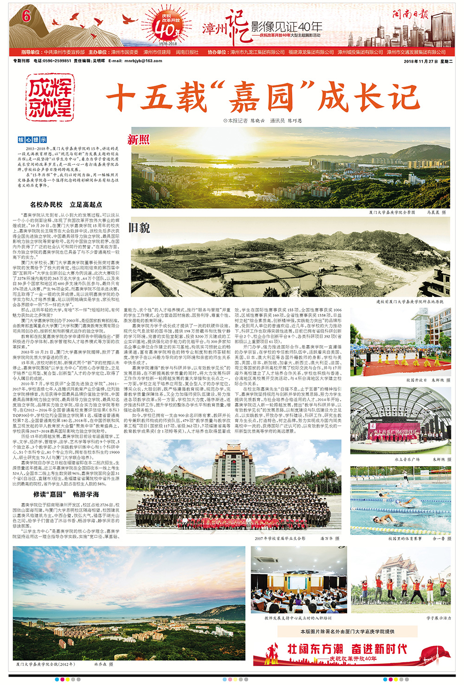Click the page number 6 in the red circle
tap(26, 16)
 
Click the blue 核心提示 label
tap(32, 140)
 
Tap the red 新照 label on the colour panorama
tap(139, 140)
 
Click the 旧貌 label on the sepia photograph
tap(139, 228)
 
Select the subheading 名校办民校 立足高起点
tap(66, 205)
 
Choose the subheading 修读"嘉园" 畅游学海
tap(66, 494)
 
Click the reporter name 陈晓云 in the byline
tap(258, 121)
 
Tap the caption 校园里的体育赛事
tap(405, 538)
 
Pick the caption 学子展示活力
tap(438, 618)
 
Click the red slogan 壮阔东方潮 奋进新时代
tap(347, 648)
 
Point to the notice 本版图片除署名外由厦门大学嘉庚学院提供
tap(348, 631)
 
